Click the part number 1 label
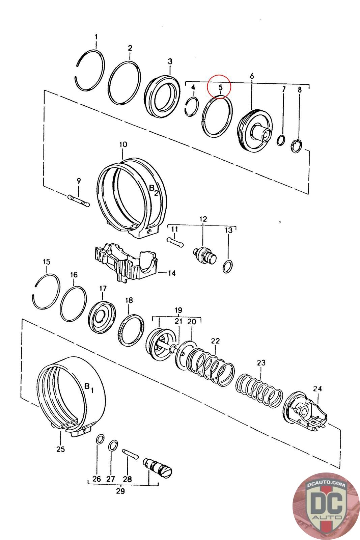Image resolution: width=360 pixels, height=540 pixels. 96,37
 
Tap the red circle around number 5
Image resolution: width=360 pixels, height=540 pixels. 219,86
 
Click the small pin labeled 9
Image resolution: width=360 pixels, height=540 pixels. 79,200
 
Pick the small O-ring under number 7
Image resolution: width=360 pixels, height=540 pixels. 281,140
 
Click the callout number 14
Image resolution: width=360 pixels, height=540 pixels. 172,273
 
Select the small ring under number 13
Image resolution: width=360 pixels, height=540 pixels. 227,267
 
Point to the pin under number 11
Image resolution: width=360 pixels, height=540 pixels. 175,242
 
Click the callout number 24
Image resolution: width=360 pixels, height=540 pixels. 317,388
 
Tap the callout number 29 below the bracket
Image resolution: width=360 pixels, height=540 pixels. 120,491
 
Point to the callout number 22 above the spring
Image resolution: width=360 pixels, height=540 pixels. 215,341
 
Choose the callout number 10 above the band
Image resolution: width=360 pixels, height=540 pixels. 123,145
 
